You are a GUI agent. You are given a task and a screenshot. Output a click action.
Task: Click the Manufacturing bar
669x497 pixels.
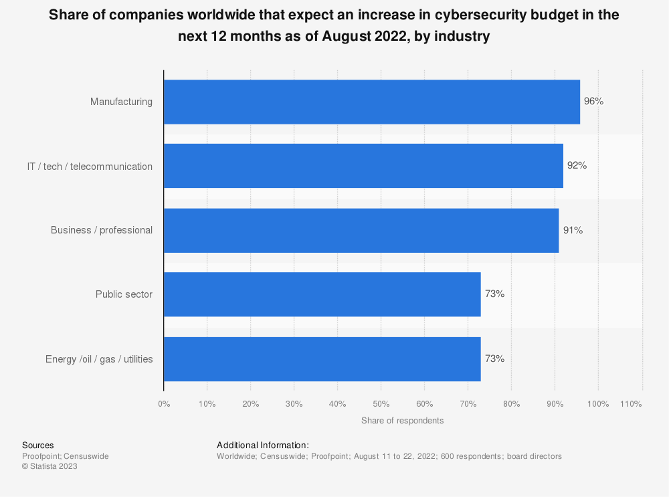point(371,102)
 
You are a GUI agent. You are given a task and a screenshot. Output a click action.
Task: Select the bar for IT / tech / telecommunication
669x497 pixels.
point(363,166)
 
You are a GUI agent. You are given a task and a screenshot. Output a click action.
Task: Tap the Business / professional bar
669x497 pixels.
point(361,230)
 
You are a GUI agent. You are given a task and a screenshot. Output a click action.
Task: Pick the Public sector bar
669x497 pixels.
point(322,294)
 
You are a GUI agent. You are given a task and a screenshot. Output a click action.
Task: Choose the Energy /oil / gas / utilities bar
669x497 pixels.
point(322,359)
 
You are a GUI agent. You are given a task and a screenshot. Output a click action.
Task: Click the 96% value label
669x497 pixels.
point(594,102)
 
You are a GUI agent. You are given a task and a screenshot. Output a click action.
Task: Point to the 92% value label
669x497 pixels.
point(577,166)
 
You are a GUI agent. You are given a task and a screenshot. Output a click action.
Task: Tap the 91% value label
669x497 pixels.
point(573,230)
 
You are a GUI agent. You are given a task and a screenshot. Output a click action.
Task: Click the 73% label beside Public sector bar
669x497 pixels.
point(494,294)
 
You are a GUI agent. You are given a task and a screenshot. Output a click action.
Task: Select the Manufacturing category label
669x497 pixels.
point(121,102)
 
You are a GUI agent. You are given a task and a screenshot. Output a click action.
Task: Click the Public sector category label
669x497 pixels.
point(124,294)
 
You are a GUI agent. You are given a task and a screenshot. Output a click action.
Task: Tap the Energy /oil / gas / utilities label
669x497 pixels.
point(99,359)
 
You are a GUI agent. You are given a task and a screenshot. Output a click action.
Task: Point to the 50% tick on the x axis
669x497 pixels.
point(381,404)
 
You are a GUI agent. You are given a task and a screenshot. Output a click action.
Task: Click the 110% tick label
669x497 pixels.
point(631,404)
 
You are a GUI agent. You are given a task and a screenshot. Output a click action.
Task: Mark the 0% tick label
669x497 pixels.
point(164,404)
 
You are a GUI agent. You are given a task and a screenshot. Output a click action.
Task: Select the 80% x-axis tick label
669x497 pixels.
point(511,404)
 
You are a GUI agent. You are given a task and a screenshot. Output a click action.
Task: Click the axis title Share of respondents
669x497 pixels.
point(402,421)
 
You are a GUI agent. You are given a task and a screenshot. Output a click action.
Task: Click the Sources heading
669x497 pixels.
point(38,445)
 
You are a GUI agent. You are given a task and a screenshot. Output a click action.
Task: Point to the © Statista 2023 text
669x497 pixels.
point(50,466)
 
